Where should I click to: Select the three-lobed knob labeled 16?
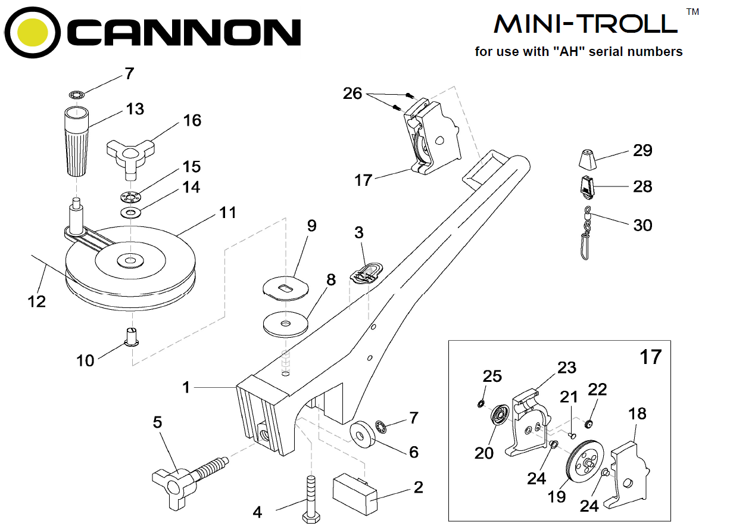(129, 154)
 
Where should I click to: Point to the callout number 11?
(228, 213)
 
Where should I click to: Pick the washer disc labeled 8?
(285, 323)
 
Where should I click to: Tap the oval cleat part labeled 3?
(366, 272)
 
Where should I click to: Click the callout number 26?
(352, 94)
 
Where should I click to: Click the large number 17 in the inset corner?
(650, 357)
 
